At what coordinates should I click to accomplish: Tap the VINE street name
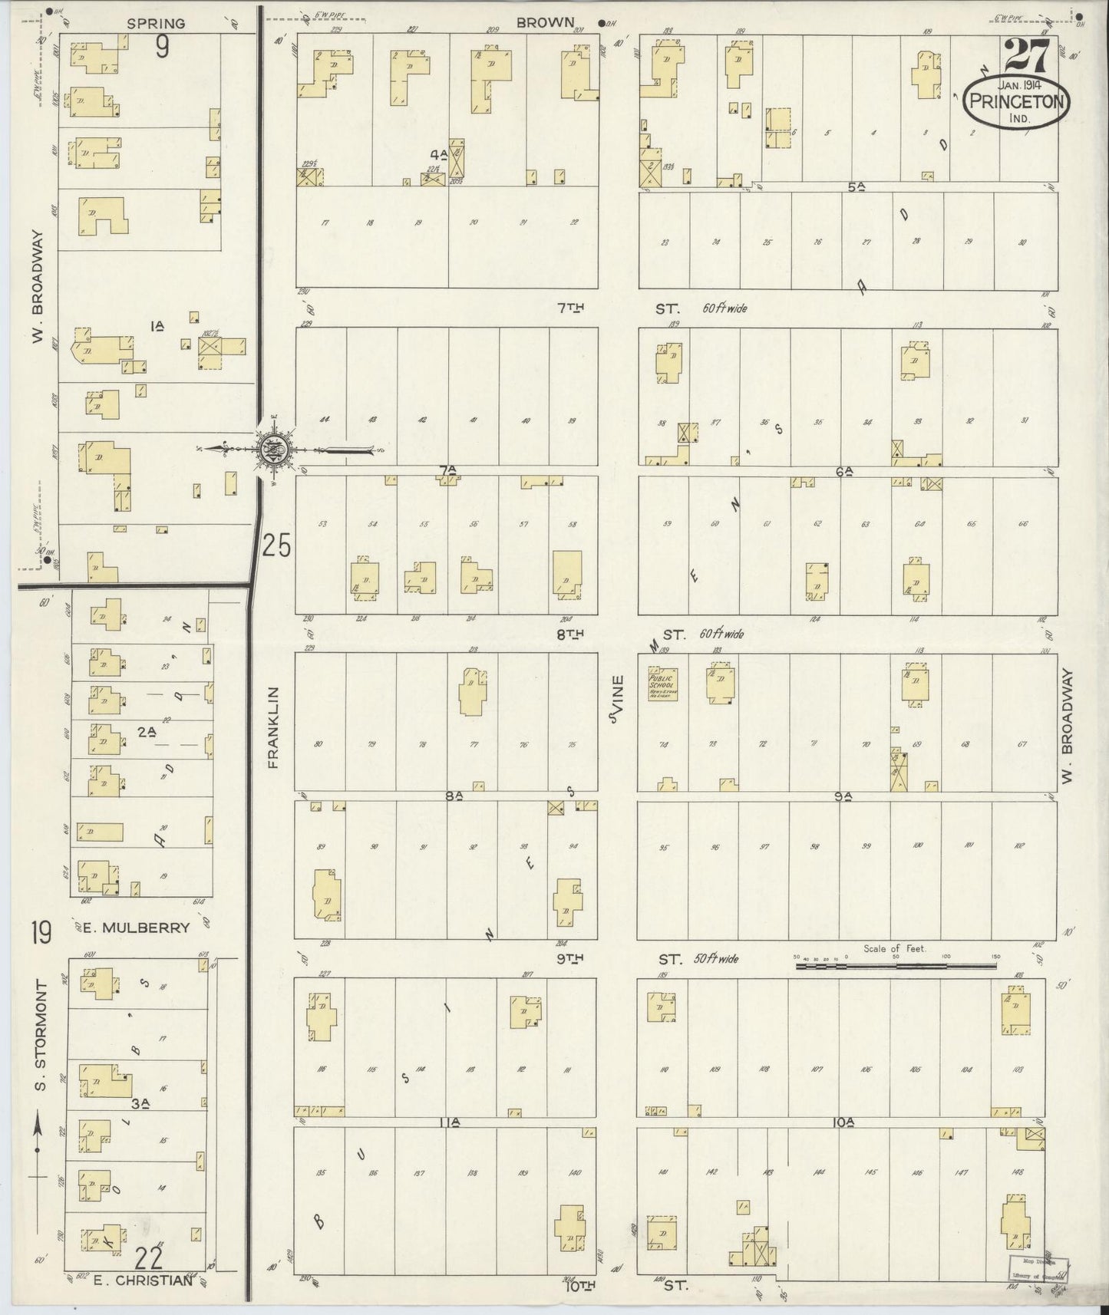pyautogui.click(x=616, y=698)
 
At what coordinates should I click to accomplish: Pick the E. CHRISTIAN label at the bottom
pyautogui.click(x=142, y=1280)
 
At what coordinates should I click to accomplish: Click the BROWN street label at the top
pyautogui.click(x=545, y=23)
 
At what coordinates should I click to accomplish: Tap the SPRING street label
pyautogui.click(x=156, y=24)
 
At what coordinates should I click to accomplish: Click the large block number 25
pyautogui.click(x=277, y=546)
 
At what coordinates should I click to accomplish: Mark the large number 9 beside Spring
pyautogui.click(x=162, y=48)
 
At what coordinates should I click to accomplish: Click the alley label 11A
pyautogui.click(x=448, y=1122)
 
